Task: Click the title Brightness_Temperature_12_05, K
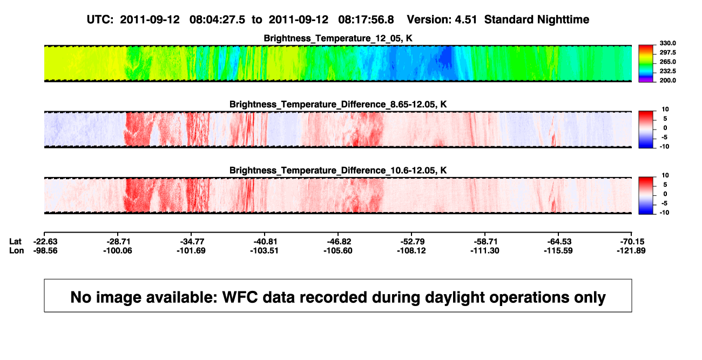point(338,38)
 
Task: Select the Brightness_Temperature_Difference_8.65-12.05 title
point(338,104)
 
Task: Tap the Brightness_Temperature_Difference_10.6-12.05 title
point(338,171)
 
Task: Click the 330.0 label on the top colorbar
point(667,43)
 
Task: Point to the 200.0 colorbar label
point(667,80)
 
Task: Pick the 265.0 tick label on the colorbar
point(667,62)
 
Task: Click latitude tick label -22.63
point(45,242)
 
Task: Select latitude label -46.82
point(338,242)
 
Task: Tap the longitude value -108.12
point(411,250)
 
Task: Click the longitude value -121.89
point(631,250)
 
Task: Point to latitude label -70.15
point(632,242)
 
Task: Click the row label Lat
point(15,242)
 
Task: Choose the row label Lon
point(17,250)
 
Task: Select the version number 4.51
point(465,20)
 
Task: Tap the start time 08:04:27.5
point(217,20)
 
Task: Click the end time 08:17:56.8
point(366,20)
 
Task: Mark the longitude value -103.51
point(265,250)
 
